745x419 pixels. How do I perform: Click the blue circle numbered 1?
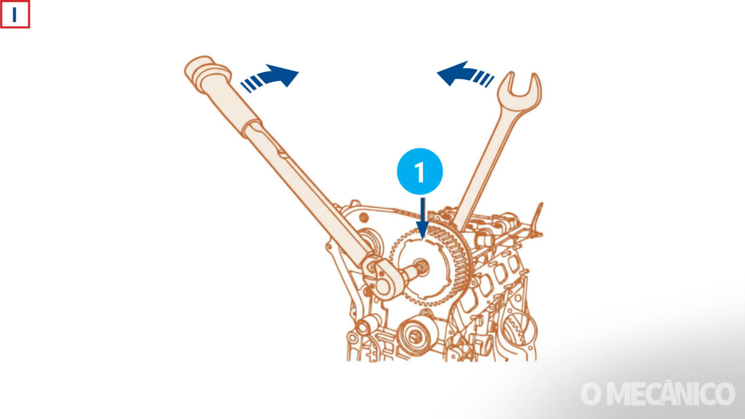(420, 171)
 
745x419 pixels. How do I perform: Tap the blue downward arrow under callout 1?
(423, 218)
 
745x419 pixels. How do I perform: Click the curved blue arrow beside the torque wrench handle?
(269, 78)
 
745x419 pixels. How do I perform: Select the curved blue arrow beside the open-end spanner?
(465, 74)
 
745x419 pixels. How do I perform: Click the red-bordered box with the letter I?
(15, 14)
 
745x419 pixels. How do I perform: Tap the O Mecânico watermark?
(658, 395)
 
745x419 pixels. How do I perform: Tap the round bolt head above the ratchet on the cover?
(364, 218)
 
